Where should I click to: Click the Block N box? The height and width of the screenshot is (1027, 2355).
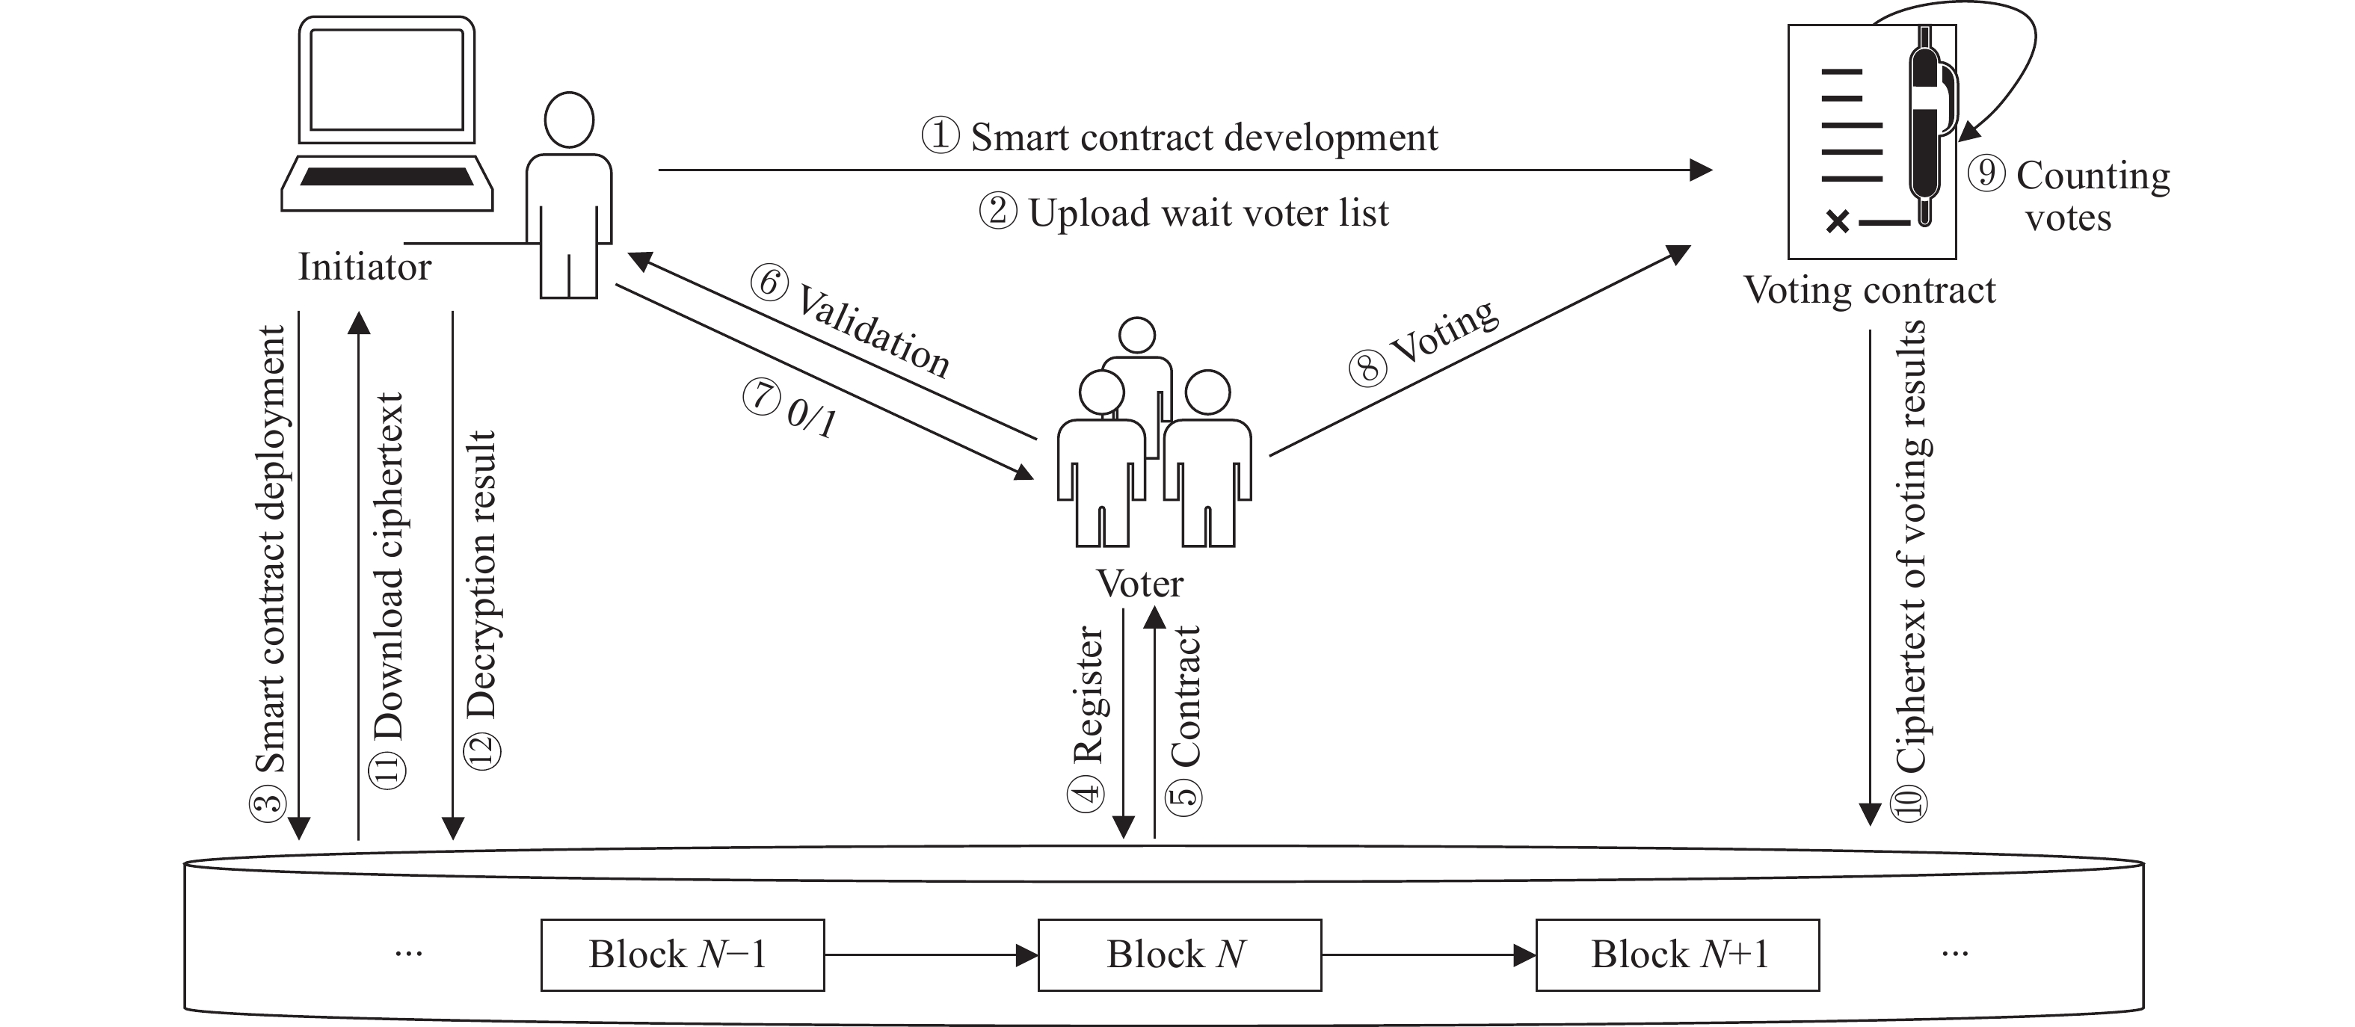(x=1179, y=954)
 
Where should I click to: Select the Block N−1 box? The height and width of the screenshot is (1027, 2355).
(x=682, y=954)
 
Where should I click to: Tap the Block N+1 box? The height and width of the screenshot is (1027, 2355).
(x=1678, y=954)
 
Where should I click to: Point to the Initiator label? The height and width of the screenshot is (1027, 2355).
(x=364, y=267)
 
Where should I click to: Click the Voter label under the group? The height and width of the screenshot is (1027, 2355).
(x=1139, y=583)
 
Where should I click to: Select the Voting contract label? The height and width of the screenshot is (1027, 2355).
(x=1870, y=291)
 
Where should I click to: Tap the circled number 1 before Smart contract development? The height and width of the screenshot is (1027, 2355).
(x=940, y=136)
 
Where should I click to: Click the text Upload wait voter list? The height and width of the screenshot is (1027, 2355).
(x=1207, y=213)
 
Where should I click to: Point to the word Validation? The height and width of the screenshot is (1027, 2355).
(x=874, y=331)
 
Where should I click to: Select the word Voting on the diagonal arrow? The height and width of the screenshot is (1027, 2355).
(x=1444, y=331)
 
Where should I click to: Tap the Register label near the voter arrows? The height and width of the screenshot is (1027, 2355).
(x=1088, y=694)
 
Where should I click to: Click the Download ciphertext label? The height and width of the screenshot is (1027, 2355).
(x=389, y=567)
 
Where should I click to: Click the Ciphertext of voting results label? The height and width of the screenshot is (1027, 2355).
(x=1911, y=548)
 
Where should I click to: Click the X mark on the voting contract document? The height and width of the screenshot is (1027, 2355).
(x=1838, y=221)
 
